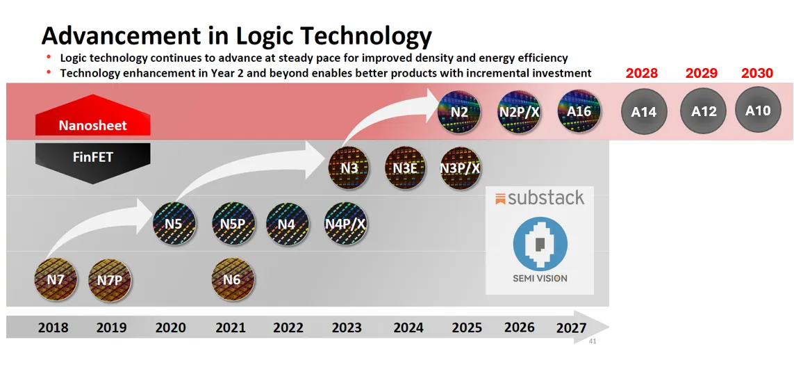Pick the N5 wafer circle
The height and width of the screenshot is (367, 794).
click(x=174, y=224)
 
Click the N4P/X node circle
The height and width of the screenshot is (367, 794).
click(x=345, y=224)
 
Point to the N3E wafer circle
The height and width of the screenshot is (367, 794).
click(x=406, y=168)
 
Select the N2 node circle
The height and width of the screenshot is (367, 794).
click(x=458, y=111)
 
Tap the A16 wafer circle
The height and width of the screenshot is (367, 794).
click(x=579, y=111)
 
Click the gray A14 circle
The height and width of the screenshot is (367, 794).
click(x=643, y=111)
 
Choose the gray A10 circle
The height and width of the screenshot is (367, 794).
click(x=758, y=110)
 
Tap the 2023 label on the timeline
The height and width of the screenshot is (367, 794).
click(x=346, y=327)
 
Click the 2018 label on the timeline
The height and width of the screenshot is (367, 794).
click(x=53, y=327)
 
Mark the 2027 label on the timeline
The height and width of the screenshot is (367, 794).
click(x=571, y=327)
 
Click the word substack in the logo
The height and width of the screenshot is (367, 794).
click(x=545, y=198)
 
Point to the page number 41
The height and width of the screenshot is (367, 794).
click(x=593, y=341)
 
